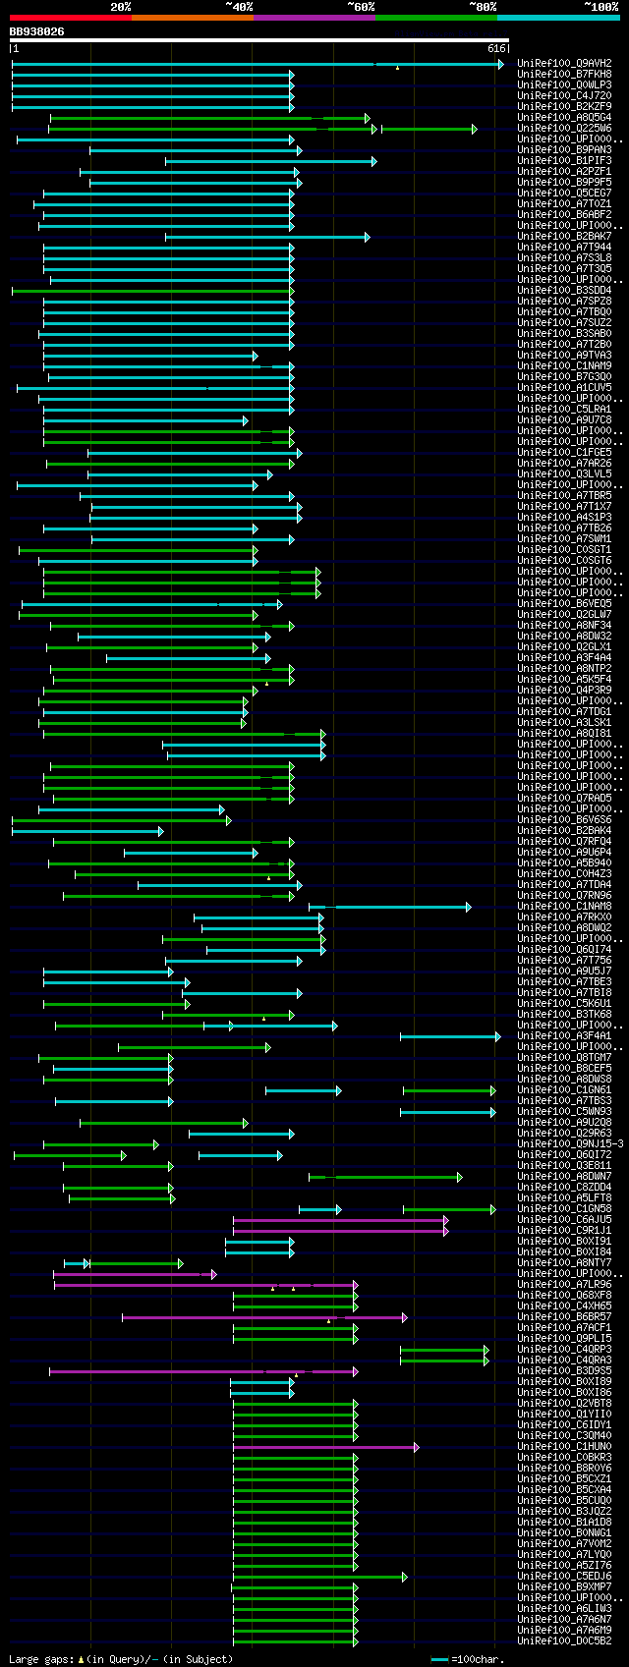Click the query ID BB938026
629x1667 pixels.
(x=37, y=31)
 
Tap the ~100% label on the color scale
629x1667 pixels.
(x=600, y=7)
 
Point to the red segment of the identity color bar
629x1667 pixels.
(x=70, y=18)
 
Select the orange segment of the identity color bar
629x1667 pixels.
(x=192, y=18)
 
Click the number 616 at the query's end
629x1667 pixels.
(x=495, y=48)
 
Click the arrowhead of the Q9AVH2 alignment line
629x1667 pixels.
(x=500, y=64)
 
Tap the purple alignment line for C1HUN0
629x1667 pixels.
(x=324, y=1447)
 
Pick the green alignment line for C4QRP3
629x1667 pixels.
(x=442, y=1350)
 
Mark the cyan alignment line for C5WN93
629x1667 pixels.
(x=446, y=1112)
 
